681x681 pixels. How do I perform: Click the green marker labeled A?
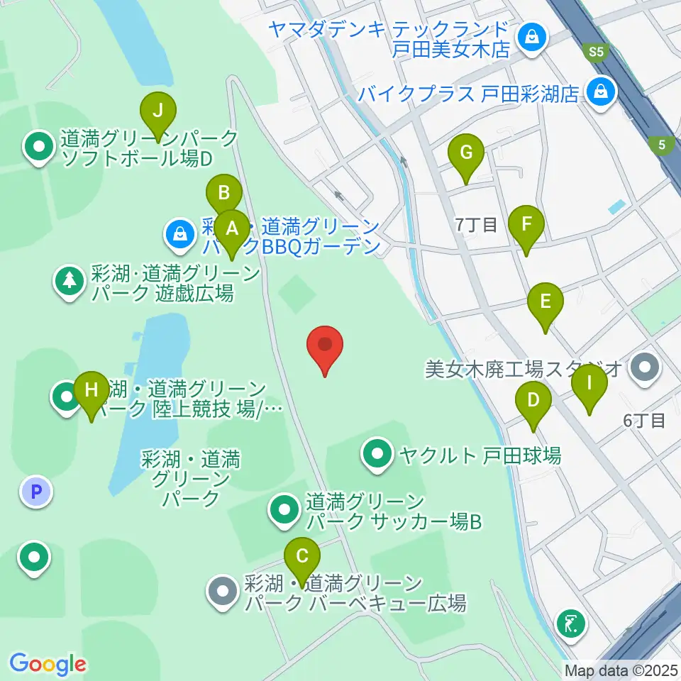(x=231, y=229)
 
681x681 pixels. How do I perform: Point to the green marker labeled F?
(x=526, y=225)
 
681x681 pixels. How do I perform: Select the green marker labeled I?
(x=589, y=384)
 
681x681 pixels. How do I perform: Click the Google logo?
(x=48, y=664)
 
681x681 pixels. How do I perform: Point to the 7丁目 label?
(x=477, y=226)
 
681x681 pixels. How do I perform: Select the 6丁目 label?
(x=644, y=420)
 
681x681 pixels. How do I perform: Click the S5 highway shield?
(x=594, y=51)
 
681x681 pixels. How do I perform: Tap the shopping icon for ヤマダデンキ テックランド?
(x=530, y=36)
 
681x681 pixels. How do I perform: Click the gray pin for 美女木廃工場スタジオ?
(x=645, y=367)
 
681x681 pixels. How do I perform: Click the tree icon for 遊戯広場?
(x=70, y=281)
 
